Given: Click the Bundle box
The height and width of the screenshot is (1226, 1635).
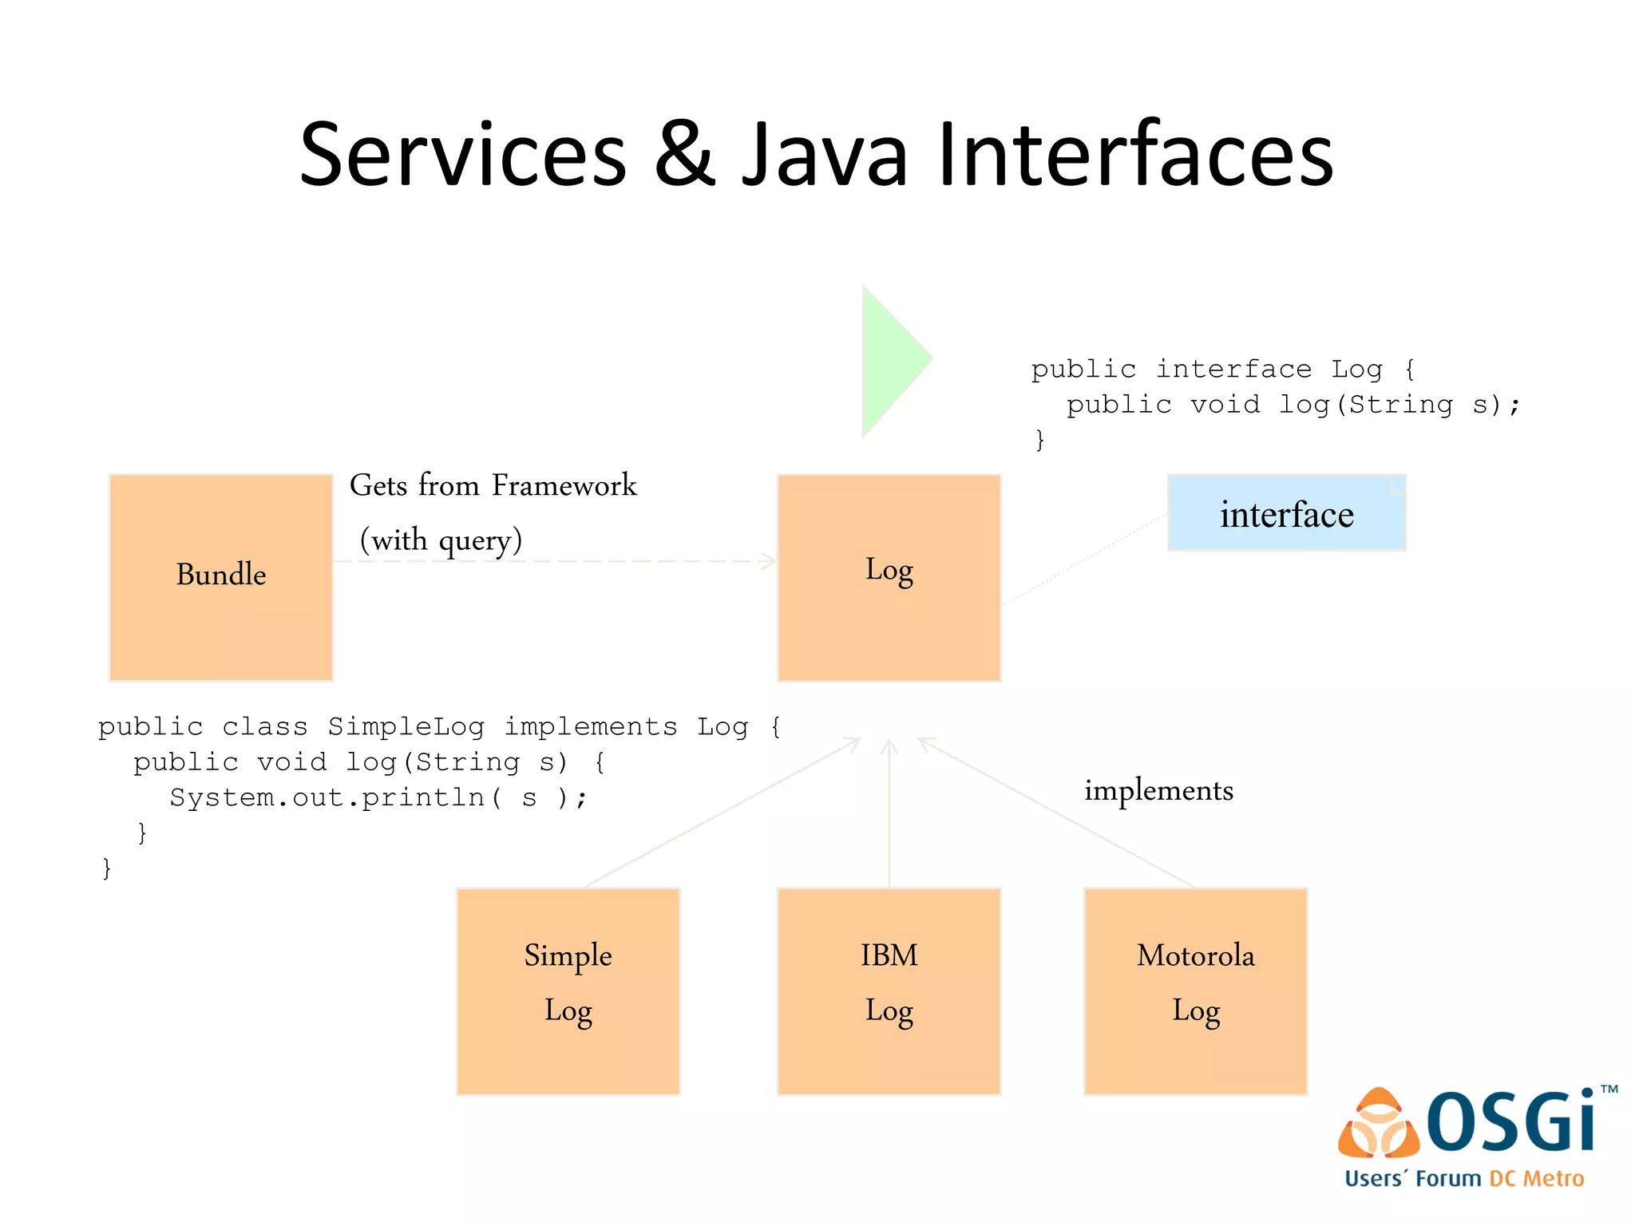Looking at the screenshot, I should tap(220, 576).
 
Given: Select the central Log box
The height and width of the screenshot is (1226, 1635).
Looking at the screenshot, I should tap(889, 576).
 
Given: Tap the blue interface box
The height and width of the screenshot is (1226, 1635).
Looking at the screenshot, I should tap(1286, 513).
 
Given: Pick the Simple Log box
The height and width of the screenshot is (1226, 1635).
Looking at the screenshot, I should tap(568, 991).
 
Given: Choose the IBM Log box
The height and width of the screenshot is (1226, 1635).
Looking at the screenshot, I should tap(889, 991).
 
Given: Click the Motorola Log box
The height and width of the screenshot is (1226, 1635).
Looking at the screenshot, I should tap(1195, 991).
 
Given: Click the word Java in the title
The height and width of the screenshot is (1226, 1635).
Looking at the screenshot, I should tap(825, 155).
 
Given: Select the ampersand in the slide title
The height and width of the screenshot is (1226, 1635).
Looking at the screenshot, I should tap(684, 155).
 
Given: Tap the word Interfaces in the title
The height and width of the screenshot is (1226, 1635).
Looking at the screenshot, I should tap(1134, 155).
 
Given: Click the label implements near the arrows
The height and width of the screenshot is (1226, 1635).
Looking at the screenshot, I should tap(1158, 790).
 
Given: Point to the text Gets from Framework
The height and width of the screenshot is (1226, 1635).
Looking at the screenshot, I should tap(493, 485).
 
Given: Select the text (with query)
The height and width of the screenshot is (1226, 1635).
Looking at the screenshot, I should tap(441, 540).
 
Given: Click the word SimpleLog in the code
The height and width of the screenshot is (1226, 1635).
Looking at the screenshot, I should tap(406, 726).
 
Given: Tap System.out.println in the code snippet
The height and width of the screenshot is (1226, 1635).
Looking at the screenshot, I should tap(327, 797).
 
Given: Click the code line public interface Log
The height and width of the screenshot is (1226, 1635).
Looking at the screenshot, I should tap(1222, 370).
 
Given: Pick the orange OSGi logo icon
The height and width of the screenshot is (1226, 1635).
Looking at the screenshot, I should tap(1378, 1124).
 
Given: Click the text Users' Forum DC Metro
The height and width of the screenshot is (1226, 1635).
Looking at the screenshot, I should tap(1464, 1179).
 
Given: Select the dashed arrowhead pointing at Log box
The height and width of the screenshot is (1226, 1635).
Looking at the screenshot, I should tap(768, 561).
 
